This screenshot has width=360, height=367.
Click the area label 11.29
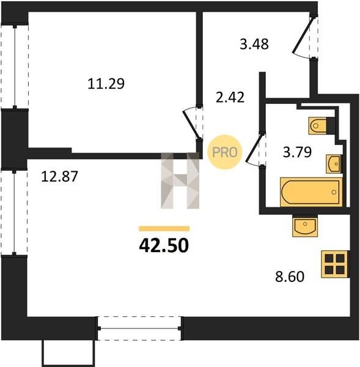coord(106,84)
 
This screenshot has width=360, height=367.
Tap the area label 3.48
coord(254,44)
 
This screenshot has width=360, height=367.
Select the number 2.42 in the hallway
coord(230,97)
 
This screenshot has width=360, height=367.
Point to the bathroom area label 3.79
coord(297,152)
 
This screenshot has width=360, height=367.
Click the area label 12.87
coord(59,177)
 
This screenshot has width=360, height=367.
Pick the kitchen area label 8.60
coord(290,276)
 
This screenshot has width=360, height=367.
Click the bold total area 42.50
coord(164,246)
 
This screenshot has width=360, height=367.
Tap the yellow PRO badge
coord(225,152)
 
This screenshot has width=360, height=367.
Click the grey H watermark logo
coord(180,180)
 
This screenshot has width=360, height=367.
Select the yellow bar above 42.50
coord(164,228)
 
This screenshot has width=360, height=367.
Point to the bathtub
coord(311,192)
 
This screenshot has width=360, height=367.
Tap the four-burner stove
coord(336,264)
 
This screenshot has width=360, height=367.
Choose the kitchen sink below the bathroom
coord(305,225)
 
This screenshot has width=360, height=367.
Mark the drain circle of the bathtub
coord(334,192)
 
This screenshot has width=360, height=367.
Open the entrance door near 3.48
coord(305,36)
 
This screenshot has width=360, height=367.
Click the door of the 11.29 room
coord(193,123)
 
